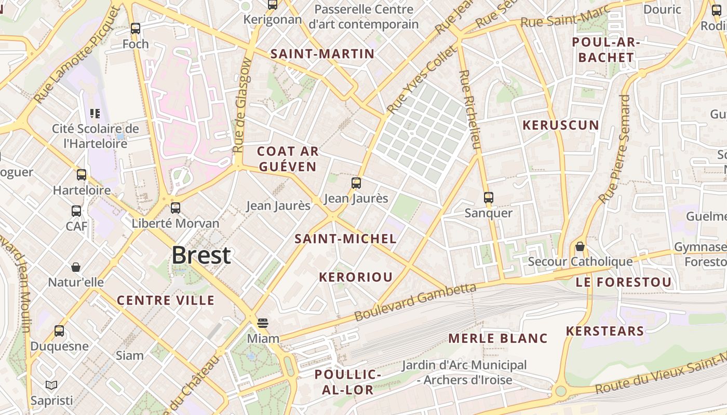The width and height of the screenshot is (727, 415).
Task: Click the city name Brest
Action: click(x=201, y=255)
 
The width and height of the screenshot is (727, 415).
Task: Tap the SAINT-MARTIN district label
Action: click(x=322, y=54)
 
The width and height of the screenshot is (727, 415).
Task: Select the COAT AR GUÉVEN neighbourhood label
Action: click(x=288, y=159)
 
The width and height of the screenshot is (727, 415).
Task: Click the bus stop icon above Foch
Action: click(x=136, y=29)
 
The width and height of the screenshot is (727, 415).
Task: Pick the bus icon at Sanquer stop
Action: click(x=488, y=198)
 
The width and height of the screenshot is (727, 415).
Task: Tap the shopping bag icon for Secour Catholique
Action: click(x=580, y=246)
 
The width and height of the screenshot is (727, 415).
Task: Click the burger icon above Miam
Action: click(x=263, y=323)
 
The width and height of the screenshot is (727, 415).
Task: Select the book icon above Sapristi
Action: click(x=51, y=385)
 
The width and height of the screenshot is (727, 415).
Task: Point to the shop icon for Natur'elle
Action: click(x=76, y=267)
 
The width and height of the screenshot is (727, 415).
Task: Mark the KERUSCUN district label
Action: click(x=561, y=125)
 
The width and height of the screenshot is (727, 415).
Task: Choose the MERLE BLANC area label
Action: click(x=498, y=339)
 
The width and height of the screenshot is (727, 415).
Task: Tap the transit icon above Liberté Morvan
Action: click(x=176, y=208)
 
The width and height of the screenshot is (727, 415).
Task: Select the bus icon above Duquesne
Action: click(x=59, y=331)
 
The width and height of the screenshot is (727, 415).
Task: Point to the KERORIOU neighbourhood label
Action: click(x=356, y=277)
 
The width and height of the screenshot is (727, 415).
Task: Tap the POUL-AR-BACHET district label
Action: click(x=606, y=50)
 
